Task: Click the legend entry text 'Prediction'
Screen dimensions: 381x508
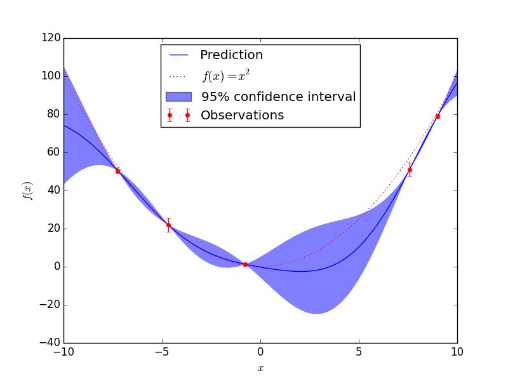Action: [231, 55]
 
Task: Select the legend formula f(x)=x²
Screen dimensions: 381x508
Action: [225, 76]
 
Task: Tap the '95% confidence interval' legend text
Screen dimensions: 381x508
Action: [278, 97]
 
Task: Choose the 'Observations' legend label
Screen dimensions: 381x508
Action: [242, 116]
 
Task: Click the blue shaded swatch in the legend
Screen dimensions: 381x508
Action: [178, 97]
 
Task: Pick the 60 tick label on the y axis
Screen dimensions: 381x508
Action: [52, 152]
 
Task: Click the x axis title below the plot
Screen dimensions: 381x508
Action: [260, 368]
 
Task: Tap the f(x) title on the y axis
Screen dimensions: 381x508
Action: [27, 190]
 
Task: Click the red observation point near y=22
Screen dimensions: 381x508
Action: [168, 225]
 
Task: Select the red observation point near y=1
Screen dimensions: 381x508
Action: [245, 264]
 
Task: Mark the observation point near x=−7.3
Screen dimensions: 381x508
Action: [117, 171]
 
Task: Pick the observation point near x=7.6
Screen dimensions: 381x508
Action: [410, 170]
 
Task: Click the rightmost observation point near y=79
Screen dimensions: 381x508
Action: [438, 116]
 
